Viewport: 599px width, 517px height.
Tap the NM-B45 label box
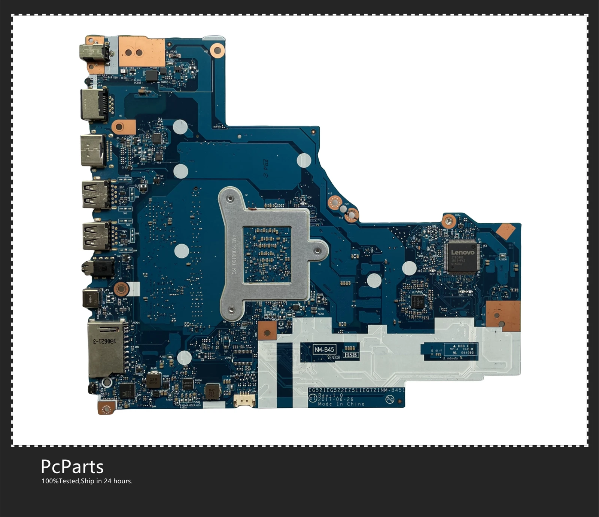click(324, 349)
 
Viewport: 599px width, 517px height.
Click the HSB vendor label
click(350, 355)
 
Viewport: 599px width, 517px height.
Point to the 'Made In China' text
click(341, 404)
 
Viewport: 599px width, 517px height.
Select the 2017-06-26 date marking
click(336, 399)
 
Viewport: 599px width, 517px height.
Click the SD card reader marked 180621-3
click(106, 348)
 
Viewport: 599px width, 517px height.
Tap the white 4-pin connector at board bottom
click(244, 401)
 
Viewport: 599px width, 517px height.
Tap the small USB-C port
click(91, 298)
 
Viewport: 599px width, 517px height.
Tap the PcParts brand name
click(72, 467)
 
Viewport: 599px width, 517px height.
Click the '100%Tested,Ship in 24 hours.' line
click(87, 481)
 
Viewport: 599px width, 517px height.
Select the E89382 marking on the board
click(467, 352)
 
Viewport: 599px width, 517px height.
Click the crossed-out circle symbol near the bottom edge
click(390, 400)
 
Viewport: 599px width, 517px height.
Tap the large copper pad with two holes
click(142, 52)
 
